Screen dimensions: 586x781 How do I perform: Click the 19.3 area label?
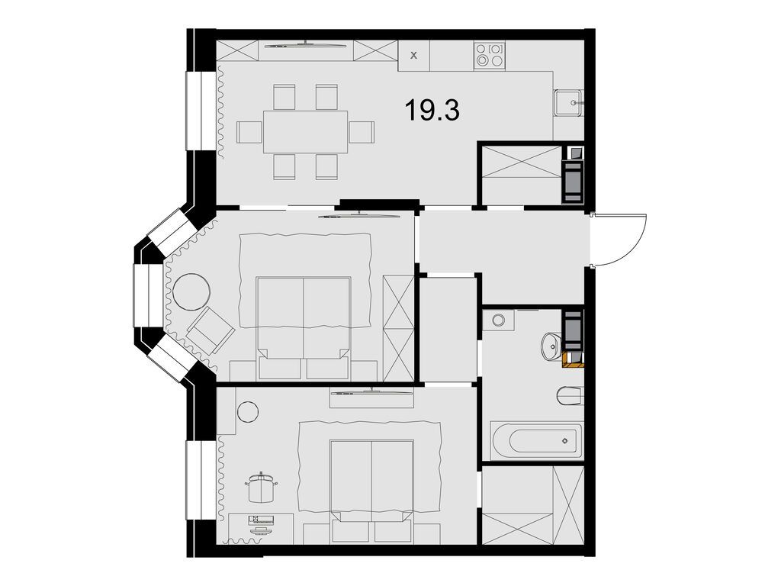(432, 111)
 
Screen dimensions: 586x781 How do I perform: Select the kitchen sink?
(568, 101)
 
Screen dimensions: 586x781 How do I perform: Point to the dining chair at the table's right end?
(362, 132)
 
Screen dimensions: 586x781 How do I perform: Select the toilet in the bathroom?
(569, 396)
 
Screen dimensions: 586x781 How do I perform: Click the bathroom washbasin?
(551, 346)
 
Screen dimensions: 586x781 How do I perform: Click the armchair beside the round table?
(210, 330)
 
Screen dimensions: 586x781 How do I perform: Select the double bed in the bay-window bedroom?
(304, 320)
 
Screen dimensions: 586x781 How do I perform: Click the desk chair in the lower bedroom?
(261, 487)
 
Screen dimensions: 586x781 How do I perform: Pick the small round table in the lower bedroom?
(247, 411)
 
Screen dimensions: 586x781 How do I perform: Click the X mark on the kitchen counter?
(414, 55)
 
